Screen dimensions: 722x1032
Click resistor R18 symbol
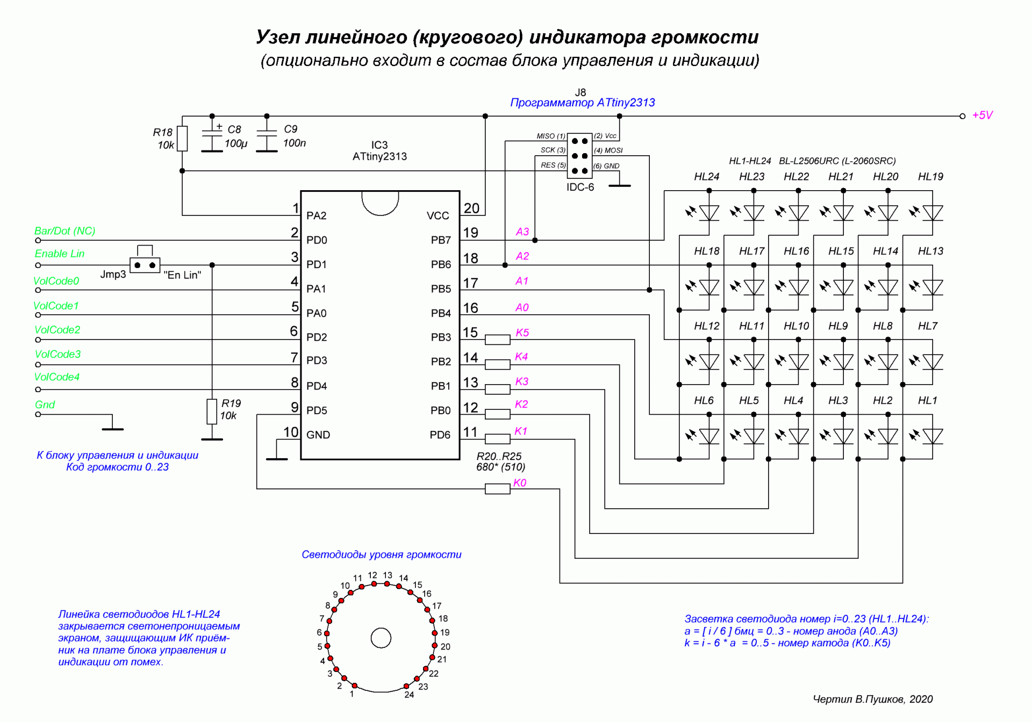pyautogui.click(x=182, y=139)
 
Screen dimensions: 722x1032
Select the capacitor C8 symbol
pyautogui.click(x=212, y=139)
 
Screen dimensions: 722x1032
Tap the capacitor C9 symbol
pyautogui.click(x=267, y=139)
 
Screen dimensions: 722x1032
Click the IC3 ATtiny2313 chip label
pyautogui.click(x=379, y=151)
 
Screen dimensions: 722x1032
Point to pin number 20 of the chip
pyautogui.click(x=471, y=208)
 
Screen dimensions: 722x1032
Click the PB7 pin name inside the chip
pyautogui.click(x=441, y=240)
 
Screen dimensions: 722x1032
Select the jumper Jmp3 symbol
pyautogui.click(x=145, y=265)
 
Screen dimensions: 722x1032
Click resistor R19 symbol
pyautogui.click(x=212, y=411)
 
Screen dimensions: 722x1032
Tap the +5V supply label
pyautogui.click(x=983, y=115)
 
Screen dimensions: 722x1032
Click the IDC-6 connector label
pyautogui.click(x=580, y=187)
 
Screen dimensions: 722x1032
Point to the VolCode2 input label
pyautogui.click(x=57, y=330)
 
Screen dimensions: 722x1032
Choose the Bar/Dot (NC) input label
pyautogui.click(x=64, y=231)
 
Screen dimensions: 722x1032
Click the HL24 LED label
pyautogui.click(x=706, y=177)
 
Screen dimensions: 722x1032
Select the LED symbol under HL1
pyautogui.click(x=933, y=436)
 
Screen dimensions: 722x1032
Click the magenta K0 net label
pyautogui.click(x=520, y=482)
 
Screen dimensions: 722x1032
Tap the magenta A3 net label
pyautogui.click(x=522, y=232)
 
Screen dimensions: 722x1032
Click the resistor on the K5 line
pyautogui.click(x=497, y=340)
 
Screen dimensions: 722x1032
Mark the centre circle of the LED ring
pyautogui.click(x=381, y=638)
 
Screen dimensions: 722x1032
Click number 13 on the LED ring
pyautogui.click(x=388, y=575)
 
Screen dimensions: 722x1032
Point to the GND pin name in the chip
pyautogui.click(x=318, y=435)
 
